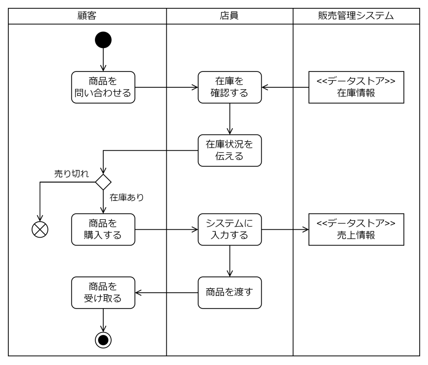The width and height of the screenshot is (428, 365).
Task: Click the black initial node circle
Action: (x=103, y=40)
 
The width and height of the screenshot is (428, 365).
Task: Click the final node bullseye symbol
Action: (x=103, y=340)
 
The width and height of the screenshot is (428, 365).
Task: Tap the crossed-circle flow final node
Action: (x=40, y=229)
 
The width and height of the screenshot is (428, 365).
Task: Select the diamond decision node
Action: (x=103, y=182)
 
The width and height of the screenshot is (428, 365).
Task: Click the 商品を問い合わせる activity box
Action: (x=103, y=87)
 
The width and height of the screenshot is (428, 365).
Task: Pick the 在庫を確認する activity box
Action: (x=229, y=87)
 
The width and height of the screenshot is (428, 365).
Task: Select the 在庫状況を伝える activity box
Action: (x=229, y=150)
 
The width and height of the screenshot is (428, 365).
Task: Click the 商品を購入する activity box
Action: (x=103, y=229)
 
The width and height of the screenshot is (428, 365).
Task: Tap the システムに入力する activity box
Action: (x=229, y=229)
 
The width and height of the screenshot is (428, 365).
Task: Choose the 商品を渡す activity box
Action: (x=229, y=293)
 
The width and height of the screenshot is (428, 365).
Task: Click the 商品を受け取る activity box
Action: (x=103, y=293)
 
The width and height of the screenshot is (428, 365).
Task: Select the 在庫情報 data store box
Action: (x=356, y=87)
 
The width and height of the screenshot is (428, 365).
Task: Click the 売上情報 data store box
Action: (x=356, y=229)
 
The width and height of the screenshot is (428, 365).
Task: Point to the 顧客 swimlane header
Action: (x=87, y=16)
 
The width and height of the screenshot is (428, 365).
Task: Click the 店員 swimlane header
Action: (x=229, y=16)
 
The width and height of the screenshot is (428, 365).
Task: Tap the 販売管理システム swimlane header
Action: (x=356, y=16)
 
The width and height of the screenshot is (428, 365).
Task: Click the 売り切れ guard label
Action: (x=71, y=174)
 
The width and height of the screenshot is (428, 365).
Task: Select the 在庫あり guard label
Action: (x=127, y=197)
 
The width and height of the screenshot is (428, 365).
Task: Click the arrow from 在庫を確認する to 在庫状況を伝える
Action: (x=229, y=119)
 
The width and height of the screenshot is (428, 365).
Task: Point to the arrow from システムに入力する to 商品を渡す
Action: (x=229, y=261)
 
